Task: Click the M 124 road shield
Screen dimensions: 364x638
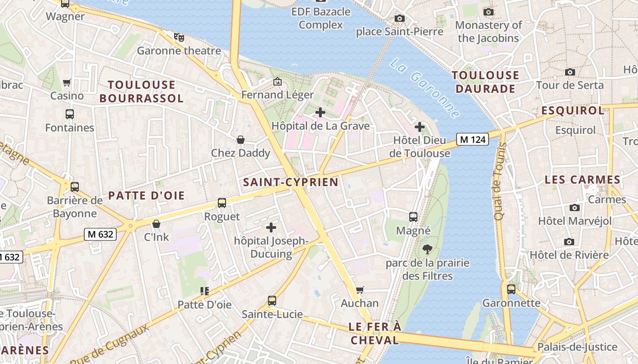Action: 473,139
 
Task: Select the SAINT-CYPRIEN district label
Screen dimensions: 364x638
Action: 291,182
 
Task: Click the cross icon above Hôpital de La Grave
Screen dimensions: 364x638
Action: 320,112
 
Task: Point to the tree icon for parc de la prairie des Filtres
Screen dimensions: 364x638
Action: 427,249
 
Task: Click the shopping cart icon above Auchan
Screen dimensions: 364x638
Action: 360,290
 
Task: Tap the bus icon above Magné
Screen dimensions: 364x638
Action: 413,217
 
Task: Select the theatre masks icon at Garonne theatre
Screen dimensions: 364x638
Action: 179,37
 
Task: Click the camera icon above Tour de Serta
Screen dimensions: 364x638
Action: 570,72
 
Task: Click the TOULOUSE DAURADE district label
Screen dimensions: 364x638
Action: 485,82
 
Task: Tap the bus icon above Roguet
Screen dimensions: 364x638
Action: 222,203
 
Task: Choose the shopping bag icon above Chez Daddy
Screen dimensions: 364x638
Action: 240,140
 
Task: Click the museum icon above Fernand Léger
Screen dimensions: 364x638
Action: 277,82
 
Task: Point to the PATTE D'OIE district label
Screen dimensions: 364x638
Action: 146,196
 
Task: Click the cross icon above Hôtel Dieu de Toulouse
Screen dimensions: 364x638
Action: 420,127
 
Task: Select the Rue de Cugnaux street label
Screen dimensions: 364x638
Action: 109,344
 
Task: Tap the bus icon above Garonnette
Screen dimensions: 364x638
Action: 511,289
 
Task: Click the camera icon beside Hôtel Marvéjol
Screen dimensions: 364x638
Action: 575,207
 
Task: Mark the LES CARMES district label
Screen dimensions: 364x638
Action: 582,180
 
